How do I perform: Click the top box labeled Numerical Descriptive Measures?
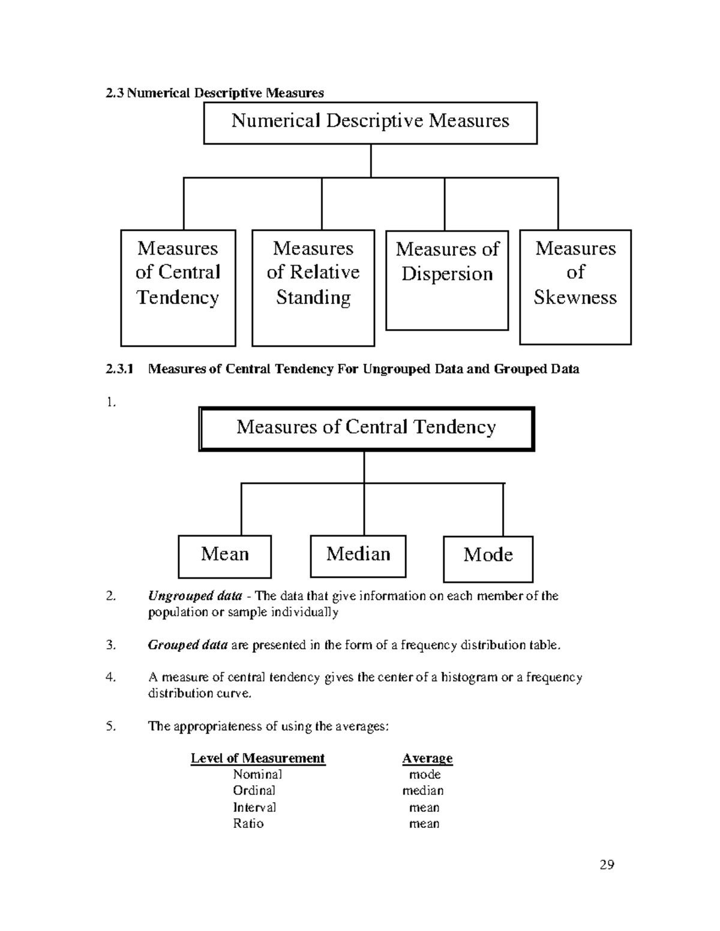tap(370, 122)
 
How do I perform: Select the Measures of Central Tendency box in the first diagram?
tap(178, 287)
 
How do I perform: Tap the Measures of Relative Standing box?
tap(313, 287)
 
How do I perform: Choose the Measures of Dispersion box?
tap(447, 279)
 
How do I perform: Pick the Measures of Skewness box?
tap(575, 286)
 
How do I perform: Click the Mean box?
tap(224, 556)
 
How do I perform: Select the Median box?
tap(358, 555)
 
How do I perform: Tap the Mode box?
tap(488, 558)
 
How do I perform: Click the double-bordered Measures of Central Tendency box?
tap(366, 428)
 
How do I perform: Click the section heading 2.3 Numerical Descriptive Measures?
tap(214, 93)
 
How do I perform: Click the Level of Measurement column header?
tap(257, 758)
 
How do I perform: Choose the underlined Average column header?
tap(427, 758)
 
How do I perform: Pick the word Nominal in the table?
tap(257, 775)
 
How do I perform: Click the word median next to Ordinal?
tap(423, 791)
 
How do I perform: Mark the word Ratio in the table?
tap(248, 824)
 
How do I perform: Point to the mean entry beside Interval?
tap(424, 808)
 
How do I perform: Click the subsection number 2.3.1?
tap(118, 369)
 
